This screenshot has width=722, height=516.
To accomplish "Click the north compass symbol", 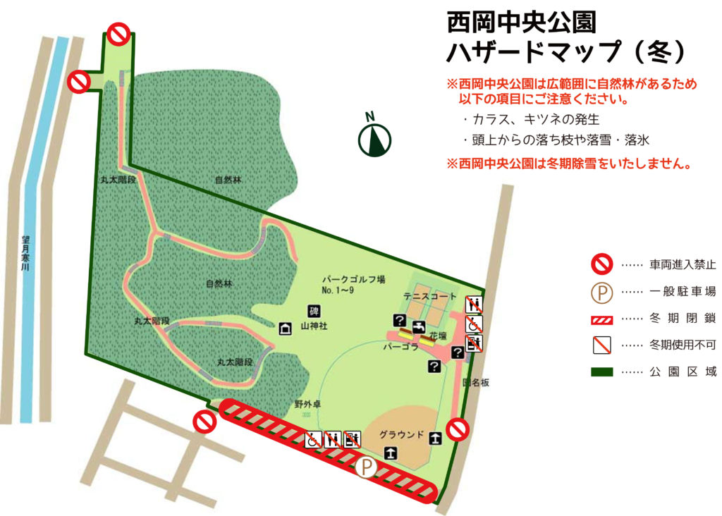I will pyautogui.click(x=374, y=138).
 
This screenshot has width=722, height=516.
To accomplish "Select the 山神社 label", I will pyautogui.click(x=314, y=326).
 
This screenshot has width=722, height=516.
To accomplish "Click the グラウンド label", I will pyautogui.click(x=401, y=434).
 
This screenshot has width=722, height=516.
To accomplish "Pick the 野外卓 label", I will pyautogui.click(x=307, y=405).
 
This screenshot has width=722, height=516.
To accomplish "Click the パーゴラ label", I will pyautogui.click(x=400, y=348).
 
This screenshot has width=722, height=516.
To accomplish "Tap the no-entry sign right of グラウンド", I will pyautogui.click(x=458, y=429).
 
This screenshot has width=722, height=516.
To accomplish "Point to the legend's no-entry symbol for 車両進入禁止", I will pyautogui.click(x=601, y=265).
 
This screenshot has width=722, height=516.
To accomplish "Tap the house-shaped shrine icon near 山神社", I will pyautogui.click(x=286, y=328).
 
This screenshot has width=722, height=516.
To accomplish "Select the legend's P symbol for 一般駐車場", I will pyautogui.click(x=601, y=292).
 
